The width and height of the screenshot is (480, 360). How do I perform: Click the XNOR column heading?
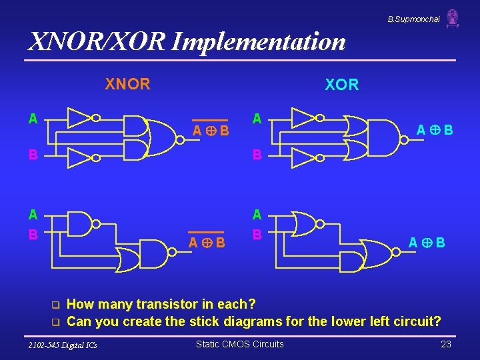(127, 84)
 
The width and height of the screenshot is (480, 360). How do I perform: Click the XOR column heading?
(341, 85)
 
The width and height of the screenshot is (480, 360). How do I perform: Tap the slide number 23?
(446, 344)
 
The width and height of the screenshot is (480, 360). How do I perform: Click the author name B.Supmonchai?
(413, 19)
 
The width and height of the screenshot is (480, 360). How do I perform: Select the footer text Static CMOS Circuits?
(239, 344)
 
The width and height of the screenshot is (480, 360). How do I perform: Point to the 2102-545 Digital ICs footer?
(63, 345)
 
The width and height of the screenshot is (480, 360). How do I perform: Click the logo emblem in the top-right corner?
(453, 18)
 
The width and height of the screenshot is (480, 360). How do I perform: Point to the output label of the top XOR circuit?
(434, 129)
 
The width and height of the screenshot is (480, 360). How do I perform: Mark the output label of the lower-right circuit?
(427, 243)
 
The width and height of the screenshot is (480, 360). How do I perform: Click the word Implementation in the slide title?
(259, 41)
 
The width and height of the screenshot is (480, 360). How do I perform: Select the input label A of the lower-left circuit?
(32, 214)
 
